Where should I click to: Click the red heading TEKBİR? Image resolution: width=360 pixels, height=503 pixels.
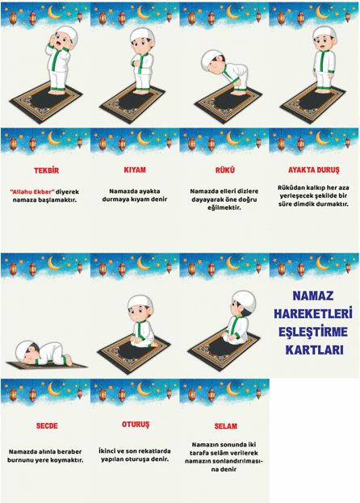(x=47, y=170)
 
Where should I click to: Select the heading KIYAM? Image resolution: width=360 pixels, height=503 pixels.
(x=135, y=170)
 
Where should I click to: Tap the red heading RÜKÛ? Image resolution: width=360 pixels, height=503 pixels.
(x=224, y=170)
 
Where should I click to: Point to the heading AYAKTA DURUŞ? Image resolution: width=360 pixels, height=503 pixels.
(x=313, y=170)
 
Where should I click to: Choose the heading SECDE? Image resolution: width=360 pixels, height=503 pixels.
(x=47, y=426)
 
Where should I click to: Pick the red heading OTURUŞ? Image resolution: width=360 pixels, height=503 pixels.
(x=136, y=425)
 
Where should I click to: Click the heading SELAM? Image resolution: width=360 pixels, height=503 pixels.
(x=226, y=426)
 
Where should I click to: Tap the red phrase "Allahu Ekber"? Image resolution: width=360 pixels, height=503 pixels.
(x=32, y=192)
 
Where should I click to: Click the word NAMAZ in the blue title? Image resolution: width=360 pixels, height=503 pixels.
(x=313, y=296)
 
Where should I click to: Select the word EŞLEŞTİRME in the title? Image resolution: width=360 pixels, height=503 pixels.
(x=313, y=331)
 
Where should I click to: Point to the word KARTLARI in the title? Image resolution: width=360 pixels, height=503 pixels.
(x=314, y=350)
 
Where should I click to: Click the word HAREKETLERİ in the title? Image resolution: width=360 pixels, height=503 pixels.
(x=313, y=313)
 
